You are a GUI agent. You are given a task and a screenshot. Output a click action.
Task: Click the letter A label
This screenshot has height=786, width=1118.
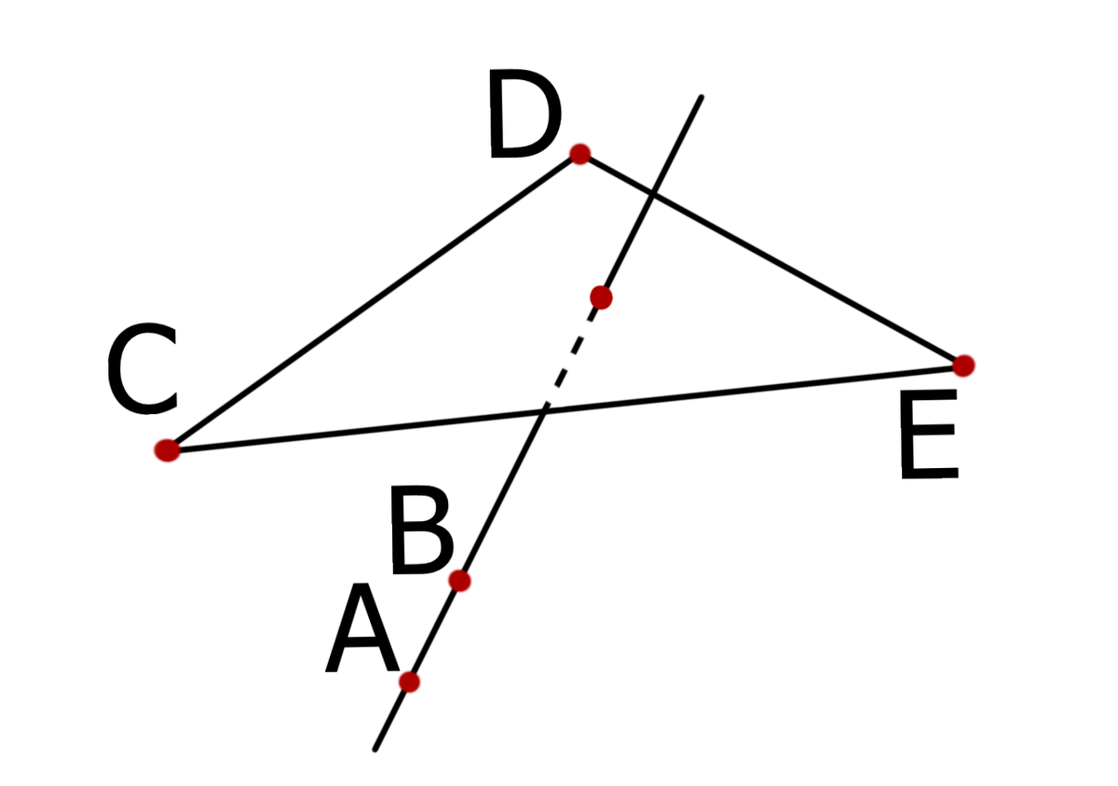(x=362, y=631)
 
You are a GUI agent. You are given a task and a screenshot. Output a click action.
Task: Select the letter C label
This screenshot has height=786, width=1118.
(x=142, y=370)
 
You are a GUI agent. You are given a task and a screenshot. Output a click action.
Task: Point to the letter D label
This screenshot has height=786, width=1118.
(x=524, y=120)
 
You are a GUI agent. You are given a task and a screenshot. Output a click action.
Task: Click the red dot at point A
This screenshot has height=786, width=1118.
(x=409, y=682)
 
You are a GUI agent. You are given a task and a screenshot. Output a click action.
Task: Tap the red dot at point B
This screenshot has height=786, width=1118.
(x=459, y=581)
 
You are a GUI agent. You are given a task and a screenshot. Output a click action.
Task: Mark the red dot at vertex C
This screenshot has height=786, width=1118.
(x=167, y=450)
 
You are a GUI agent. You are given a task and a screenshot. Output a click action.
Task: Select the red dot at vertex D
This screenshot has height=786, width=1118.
(x=579, y=154)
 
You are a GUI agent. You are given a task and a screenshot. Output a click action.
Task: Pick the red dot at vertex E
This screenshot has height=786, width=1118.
(x=963, y=365)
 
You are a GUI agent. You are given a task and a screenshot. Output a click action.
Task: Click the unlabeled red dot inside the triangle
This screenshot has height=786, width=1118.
(x=601, y=297)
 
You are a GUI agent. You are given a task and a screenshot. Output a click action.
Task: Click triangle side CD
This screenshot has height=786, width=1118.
(x=373, y=302)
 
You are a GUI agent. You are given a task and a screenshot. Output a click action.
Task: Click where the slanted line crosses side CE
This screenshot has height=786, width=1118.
(x=545, y=408)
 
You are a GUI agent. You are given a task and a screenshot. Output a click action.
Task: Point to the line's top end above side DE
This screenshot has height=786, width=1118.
(x=700, y=97)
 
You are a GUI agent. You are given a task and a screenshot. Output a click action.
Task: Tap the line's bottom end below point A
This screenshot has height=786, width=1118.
(x=375, y=748)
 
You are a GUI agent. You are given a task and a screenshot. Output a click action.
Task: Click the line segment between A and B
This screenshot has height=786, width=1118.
(x=434, y=631)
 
